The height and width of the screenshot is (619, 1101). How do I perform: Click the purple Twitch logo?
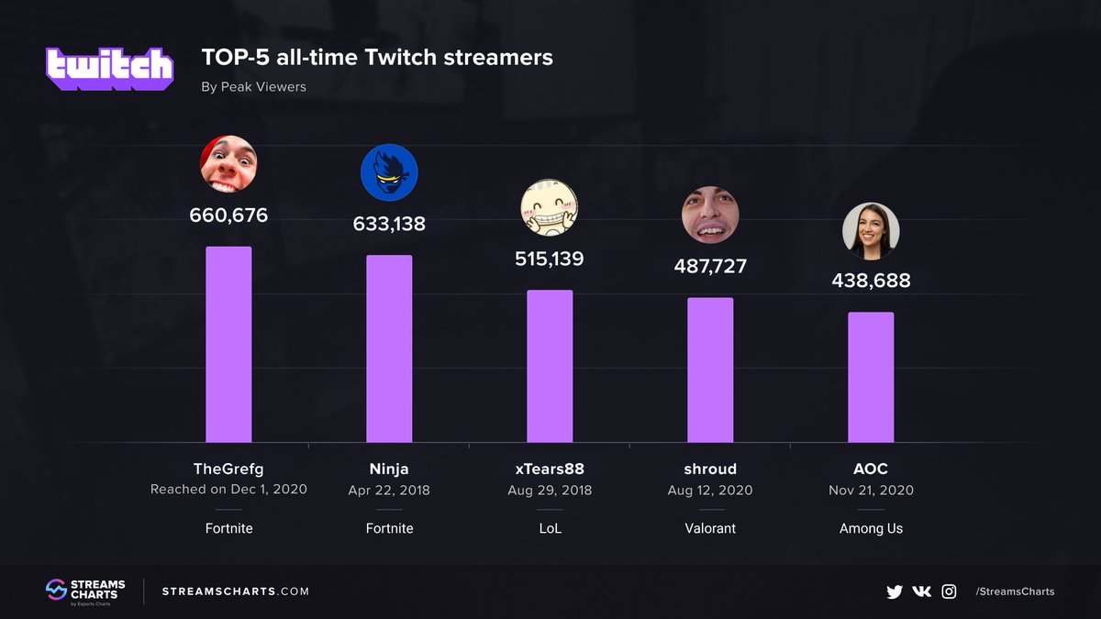click(109, 67)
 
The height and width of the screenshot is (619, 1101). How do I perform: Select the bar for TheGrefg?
click(228, 344)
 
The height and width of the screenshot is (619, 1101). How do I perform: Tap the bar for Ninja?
click(389, 348)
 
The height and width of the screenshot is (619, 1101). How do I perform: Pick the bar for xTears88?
click(550, 366)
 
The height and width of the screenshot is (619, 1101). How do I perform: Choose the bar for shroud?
click(710, 370)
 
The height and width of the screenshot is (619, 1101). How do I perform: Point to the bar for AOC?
click(871, 377)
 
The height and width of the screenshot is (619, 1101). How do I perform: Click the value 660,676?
click(228, 216)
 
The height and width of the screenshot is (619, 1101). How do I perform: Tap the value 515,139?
click(550, 259)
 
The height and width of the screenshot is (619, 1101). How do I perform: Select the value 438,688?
click(871, 281)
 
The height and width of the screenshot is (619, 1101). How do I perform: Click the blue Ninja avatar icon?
click(389, 173)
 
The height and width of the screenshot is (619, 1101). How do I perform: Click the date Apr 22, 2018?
click(389, 490)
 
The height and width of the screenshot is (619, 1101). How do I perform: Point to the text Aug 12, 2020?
click(710, 490)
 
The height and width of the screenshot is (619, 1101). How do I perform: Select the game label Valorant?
click(710, 528)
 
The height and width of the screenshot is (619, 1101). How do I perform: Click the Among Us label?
click(871, 528)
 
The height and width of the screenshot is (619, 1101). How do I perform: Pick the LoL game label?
click(550, 528)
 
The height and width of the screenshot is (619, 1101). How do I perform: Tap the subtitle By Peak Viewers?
click(253, 87)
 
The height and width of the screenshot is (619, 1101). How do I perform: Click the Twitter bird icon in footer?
click(895, 591)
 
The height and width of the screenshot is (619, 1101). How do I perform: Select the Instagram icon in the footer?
click(949, 591)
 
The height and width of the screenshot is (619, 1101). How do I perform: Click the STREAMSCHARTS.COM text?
click(236, 591)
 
